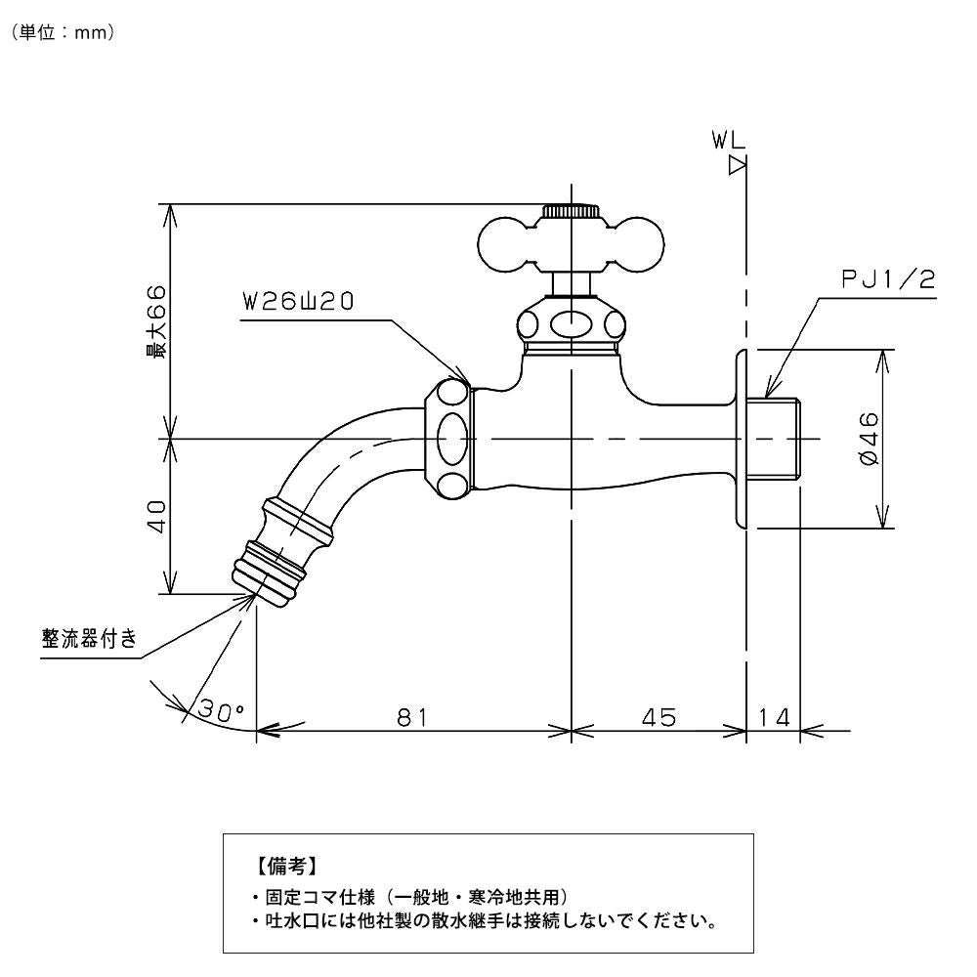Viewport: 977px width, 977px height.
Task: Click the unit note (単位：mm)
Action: point(64,32)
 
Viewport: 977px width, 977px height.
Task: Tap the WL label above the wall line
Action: point(728,142)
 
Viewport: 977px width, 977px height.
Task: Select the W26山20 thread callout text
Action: point(298,303)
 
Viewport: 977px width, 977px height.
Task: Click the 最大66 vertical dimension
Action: point(156,322)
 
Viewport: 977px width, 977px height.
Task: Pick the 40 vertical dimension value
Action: point(156,515)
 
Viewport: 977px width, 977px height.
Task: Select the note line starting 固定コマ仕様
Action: point(409,897)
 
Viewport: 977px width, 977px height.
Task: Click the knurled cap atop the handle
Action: point(571,210)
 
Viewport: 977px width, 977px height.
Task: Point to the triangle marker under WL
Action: point(738,167)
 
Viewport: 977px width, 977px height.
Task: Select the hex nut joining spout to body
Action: point(450,439)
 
